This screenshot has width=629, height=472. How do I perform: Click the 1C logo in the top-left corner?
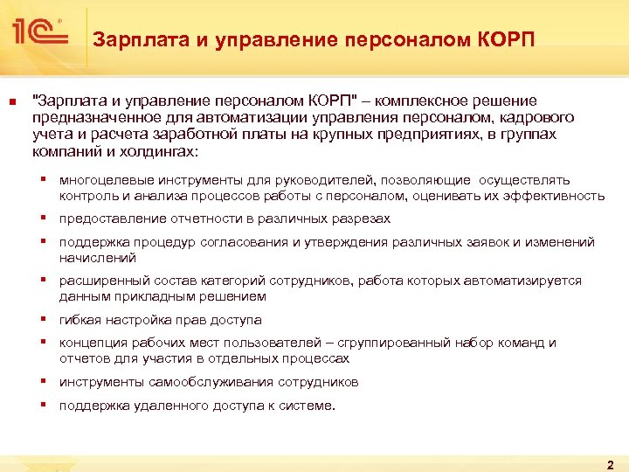[x=38, y=33]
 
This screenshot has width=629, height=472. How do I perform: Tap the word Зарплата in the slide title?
[x=132, y=40]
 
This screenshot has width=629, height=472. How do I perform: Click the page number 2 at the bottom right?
[x=610, y=463]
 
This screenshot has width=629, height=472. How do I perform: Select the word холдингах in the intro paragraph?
[x=155, y=151]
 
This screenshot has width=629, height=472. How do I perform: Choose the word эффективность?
[x=556, y=196]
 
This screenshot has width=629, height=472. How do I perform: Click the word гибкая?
[x=79, y=320]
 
